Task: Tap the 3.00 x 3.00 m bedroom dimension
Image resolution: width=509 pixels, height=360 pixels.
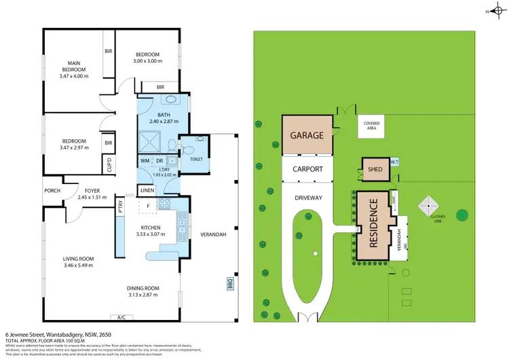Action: point(147,61)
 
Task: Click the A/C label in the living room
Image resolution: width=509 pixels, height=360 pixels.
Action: point(122,317)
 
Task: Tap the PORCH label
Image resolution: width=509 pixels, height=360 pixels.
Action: point(52,191)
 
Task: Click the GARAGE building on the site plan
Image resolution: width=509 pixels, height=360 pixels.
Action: point(307,134)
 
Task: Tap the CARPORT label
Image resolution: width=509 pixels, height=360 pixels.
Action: point(307,169)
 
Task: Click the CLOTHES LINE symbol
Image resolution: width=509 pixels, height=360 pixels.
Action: point(430,204)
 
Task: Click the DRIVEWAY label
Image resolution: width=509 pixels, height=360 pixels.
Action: point(307,198)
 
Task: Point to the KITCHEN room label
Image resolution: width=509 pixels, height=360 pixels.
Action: point(150,228)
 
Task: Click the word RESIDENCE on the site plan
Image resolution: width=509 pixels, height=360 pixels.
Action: point(373,228)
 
